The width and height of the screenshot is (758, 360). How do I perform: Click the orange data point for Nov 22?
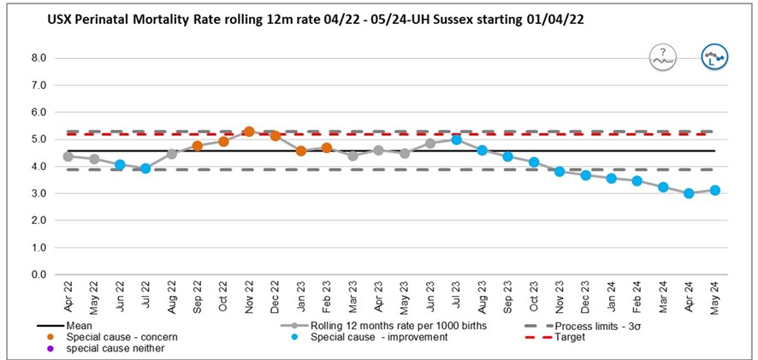(x=249, y=132)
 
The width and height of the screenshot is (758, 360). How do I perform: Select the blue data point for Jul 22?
(x=145, y=168)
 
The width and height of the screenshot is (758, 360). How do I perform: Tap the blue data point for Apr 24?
(x=689, y=193)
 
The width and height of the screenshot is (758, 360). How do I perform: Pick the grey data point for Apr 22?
(x=68, y=156)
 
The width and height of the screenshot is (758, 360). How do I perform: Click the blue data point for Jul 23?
(x=457, y=139)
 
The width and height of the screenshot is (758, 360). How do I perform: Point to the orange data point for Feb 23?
(x=327, y=148)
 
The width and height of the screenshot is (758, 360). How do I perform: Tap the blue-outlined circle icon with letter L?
(x=714, y=56)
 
